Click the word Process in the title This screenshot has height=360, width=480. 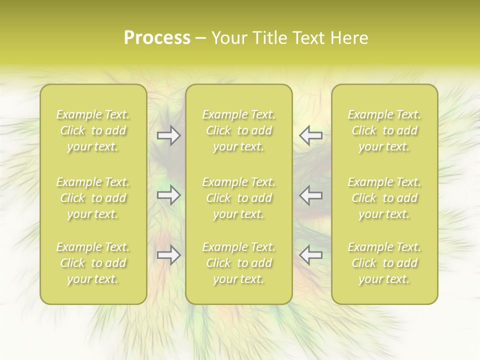click(157, 38)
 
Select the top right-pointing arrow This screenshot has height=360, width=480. click(169, 135)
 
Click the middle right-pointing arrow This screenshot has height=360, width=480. click(169, 195)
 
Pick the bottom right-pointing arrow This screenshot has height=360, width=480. click(169, 255)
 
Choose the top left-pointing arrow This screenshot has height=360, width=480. click(311, 135)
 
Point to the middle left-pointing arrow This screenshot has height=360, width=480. click(311, 195)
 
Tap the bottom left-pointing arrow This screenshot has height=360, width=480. click(311, 255)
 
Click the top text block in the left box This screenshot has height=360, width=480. click(93, 130)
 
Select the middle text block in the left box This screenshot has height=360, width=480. click(93, 198)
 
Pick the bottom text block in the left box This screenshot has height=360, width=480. click(93, 263)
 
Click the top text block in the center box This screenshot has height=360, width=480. click(239, 130)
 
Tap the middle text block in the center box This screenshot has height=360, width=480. click(239, 198)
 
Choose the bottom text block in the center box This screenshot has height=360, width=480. click(239, 263)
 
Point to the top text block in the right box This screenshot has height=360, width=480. click(384, 130)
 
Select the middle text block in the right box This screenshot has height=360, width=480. click(384, 198)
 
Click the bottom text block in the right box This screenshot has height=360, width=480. click(384, 263)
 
